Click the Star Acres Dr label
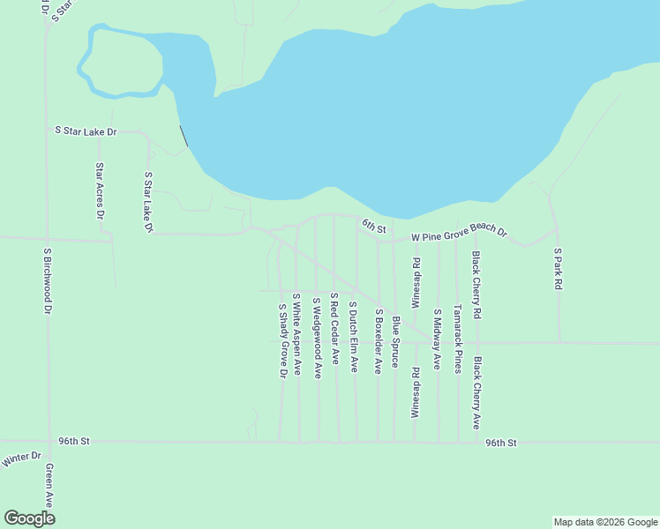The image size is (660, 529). coord(100,191)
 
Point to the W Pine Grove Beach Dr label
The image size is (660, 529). coord(461,233)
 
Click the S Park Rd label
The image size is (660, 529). coord(558,269)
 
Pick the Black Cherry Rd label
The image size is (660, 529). coord(476,285)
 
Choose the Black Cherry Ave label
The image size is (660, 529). coord(476,392)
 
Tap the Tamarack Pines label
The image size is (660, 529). coord(457,339)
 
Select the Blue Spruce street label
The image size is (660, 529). coord(396,342)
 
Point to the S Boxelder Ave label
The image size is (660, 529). coord(378,341)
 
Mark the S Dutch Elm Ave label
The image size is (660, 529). coord(353,337)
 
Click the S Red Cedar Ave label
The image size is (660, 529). coord(334,329)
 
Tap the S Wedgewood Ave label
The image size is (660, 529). coord(316,338)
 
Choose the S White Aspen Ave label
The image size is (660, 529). coord(297,334)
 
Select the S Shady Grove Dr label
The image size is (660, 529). coord(282,341)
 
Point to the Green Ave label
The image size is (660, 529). coord(49,484)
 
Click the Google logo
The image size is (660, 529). coord(29,518)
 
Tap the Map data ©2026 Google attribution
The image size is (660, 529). coord(605,522)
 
